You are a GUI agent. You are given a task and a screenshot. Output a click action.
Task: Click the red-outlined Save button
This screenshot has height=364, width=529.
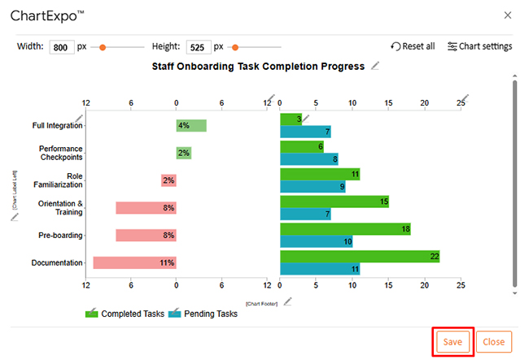452,342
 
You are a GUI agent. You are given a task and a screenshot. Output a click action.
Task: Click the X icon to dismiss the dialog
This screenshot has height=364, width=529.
508,15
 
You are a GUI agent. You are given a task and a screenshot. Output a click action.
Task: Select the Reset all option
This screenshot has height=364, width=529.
413,46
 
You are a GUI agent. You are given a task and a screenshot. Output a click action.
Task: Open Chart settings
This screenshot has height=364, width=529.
480,46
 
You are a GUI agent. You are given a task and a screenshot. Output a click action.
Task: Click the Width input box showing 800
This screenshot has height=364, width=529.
62,47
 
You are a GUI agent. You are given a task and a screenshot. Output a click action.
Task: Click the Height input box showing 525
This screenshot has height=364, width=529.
199,47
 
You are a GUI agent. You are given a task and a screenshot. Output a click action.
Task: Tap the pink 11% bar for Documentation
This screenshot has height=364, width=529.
134,262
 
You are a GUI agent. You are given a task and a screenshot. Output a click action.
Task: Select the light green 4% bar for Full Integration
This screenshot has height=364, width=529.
191,125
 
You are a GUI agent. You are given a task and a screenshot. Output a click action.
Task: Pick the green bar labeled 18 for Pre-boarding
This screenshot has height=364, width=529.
345,229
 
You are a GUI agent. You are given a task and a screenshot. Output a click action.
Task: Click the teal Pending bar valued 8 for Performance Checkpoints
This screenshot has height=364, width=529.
308,159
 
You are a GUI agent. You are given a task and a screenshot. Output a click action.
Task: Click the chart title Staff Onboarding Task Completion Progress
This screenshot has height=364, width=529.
258,67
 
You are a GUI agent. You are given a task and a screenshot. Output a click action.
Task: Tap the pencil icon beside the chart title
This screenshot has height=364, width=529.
374,66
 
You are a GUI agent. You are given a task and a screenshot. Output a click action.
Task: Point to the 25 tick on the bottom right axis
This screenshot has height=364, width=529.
461,285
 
